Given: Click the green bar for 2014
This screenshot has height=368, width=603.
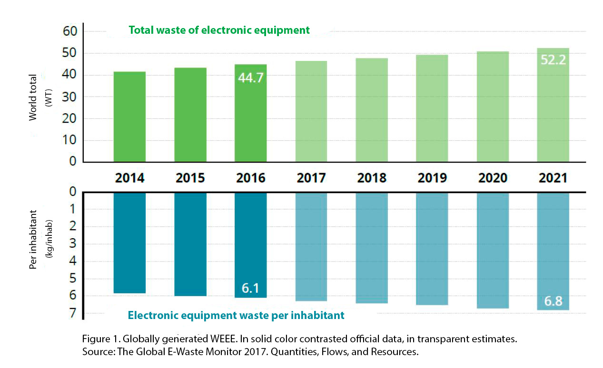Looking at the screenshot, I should point(129,116).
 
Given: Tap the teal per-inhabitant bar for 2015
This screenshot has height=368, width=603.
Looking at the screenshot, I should point(190,244).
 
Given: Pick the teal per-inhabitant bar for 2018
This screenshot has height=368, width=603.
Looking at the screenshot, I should point(371,247).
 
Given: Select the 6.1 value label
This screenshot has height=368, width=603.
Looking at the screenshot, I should point(250,288).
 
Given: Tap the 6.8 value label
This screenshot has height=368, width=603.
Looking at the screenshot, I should point(553,301).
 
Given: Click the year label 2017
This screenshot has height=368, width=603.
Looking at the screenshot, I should point(311,178).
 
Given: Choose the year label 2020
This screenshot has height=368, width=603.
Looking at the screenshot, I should point(492,178).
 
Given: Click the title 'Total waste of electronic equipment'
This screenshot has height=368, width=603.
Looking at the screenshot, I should point(219,30).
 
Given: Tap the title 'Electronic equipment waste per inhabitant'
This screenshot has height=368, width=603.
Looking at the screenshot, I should point(236,315).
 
